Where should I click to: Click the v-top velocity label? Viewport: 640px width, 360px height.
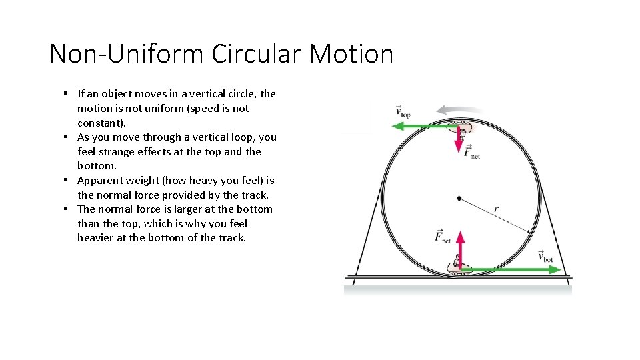(403, 111)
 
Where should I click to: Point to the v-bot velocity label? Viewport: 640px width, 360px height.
(545, 257)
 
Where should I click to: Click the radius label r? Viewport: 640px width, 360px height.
(496, 209)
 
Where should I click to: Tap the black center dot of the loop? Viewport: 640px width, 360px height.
(459, 198)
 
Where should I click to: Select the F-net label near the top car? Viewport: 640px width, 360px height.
(472, 152)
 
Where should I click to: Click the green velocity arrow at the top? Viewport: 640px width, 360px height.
(420, 125)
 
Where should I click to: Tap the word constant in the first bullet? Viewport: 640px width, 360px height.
(99, 123)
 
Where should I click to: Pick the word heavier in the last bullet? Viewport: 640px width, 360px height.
(95, 237)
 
